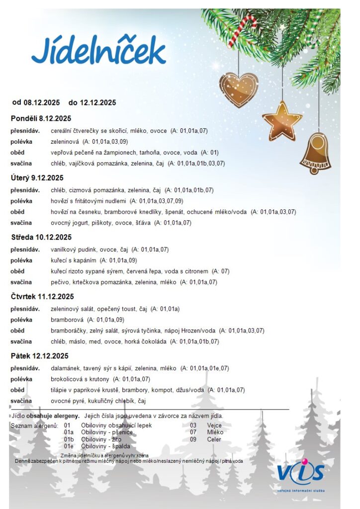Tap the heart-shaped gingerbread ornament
[x=238, y=89]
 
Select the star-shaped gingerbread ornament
[x=282, y=119]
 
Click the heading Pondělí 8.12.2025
[x=41, y=118]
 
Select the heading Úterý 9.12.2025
[x=37, y=177]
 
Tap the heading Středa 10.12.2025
[x=41, y=237]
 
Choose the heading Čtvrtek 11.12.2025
[x=42, y=297]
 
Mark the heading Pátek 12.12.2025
[x=39, y=356]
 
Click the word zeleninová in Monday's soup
[x=65, y=142]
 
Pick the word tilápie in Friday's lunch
[x=60, y=390]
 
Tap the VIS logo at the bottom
[x=300, y=475]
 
